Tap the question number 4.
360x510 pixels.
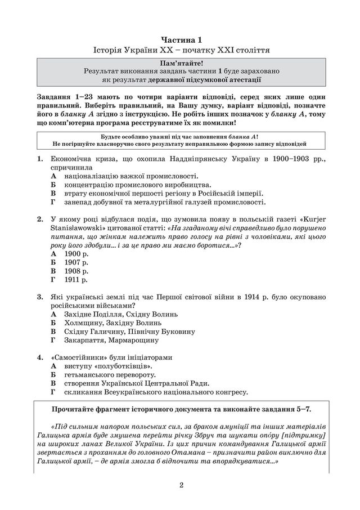point(40,357)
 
